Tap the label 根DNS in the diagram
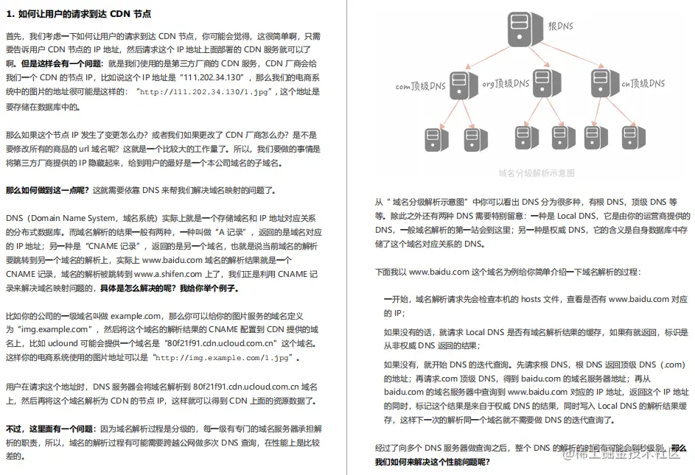click(x=561, y=27)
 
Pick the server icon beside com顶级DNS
click(x=459, y=87)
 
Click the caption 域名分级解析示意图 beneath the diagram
click(x=537, y=173)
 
